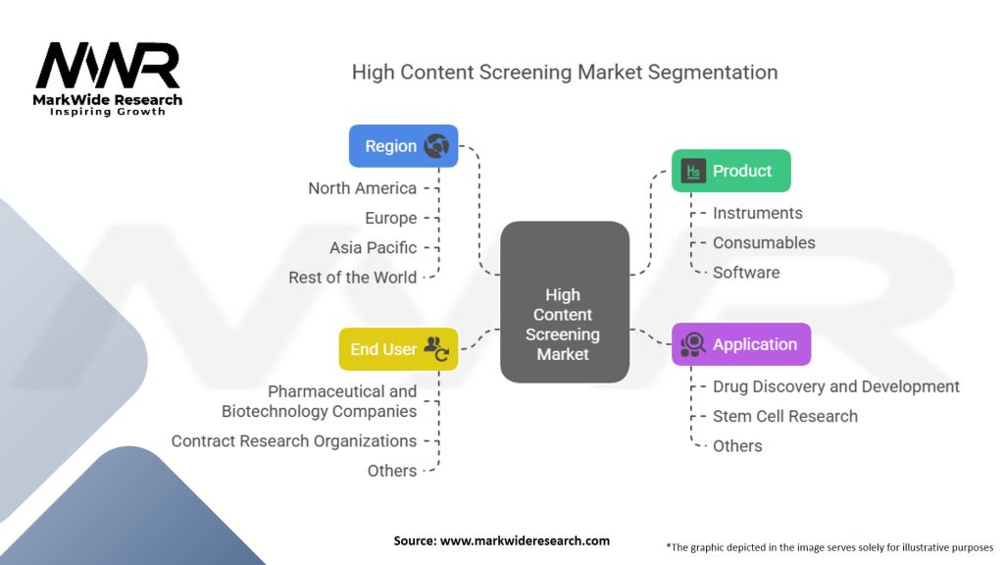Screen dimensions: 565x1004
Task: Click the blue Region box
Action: (x=403, y=146)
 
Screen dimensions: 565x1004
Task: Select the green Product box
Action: (x=730, y=171)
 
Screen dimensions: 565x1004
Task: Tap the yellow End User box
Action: (x=398, y=349)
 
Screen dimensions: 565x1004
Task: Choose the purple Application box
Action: (x=740, y=344)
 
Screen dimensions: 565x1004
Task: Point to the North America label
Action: (x=362, y=188)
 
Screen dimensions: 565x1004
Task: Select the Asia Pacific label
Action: (x=373, y=247)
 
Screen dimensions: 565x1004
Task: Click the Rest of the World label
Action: (x=352, y=278)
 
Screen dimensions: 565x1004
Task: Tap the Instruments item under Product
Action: (x=757, y=213)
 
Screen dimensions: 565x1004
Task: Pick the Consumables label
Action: (x=763, y=242)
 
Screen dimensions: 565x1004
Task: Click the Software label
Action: (x=746, y=273)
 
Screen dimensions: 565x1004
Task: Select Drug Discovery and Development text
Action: (x=835, y=386)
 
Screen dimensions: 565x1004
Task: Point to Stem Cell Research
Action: (x=784, y=416)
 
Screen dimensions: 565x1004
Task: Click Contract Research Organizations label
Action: (x=293, y=441)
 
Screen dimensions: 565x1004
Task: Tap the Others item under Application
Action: (x=737, y=445)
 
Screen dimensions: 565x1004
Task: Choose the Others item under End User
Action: (x=391, y=471)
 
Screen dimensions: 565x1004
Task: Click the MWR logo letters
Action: (x=108, y=67)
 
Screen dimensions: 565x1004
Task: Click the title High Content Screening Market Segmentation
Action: (x=564, y=73)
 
